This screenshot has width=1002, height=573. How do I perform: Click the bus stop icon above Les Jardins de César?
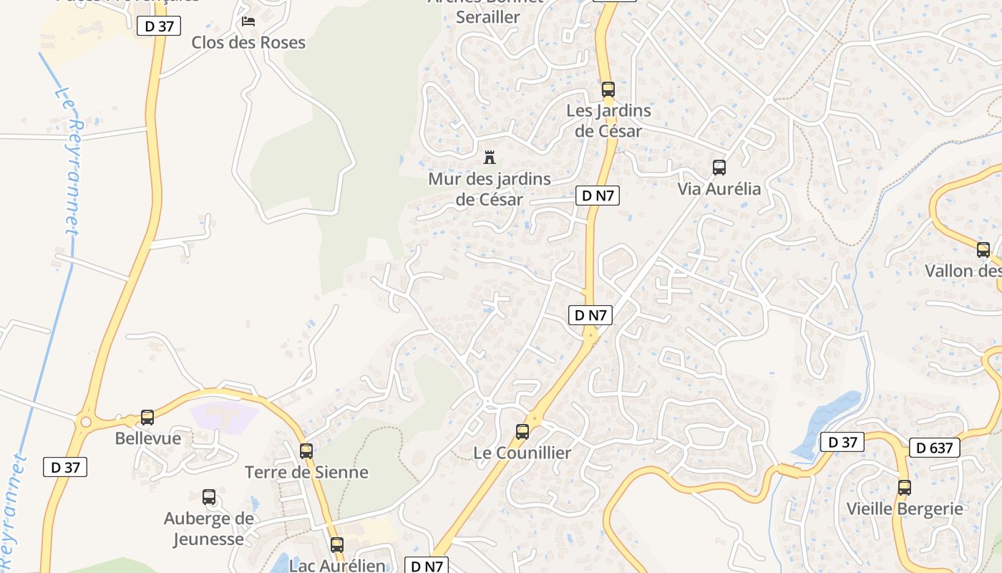click(608, 90)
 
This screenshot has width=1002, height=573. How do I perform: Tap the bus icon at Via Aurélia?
click(719, 168)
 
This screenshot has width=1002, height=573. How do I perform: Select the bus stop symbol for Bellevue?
click(147, 417)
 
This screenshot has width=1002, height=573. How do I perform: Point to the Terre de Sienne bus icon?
click(306, 451)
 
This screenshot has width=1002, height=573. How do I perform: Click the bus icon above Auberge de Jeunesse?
click(209, 496)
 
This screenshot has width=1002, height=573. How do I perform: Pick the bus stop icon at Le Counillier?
click(522, 432)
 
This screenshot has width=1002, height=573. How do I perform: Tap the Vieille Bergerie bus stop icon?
click(905, 488)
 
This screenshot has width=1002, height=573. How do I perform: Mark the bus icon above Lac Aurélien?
click(337, 544)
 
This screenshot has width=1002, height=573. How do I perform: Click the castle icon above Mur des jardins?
click(490, 157)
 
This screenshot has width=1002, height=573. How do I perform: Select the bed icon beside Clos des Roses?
click(248, 21)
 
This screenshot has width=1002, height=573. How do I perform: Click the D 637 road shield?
click(935, 448)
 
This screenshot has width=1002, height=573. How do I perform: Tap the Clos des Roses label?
click(248, 42)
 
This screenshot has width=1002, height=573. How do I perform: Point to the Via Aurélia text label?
click(719, 189)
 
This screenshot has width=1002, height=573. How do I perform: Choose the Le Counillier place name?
click(522, 453)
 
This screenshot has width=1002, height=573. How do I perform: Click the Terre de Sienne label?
click(306, 472)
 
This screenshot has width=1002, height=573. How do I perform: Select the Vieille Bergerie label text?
click(905, 509)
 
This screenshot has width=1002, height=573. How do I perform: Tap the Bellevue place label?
click(148, 438)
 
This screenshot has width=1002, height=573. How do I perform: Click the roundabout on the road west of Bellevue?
click(87, 422)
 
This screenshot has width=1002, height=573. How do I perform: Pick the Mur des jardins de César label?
click(490, 189)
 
